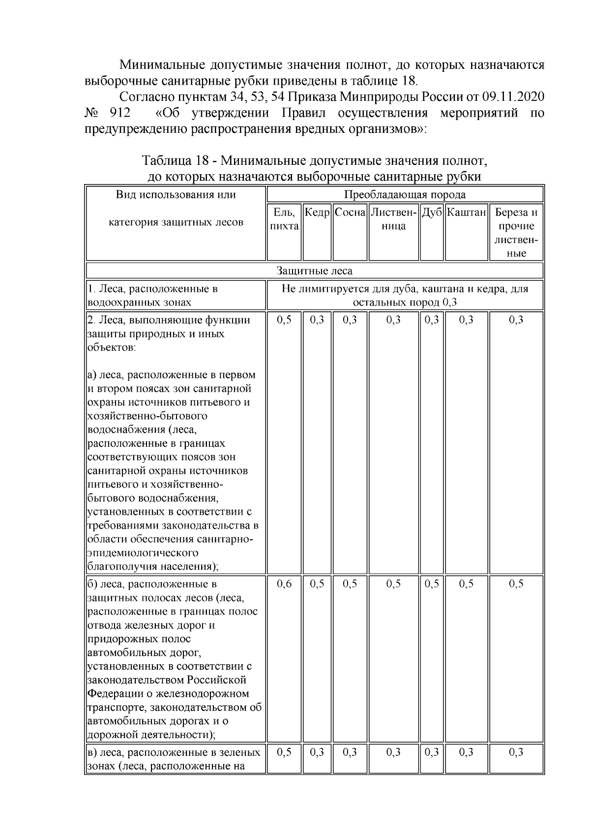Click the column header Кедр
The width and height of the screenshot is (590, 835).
tap(317, 213)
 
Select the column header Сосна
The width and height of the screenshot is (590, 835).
tap(350, 213)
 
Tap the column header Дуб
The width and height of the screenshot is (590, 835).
tap(432, 213)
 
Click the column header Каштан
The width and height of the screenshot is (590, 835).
tap(466, 213)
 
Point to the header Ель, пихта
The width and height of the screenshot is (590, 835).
tap(284, 219)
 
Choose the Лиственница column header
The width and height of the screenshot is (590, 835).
tap(394, 219)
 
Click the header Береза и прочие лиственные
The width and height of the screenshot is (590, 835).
tap(516, 233)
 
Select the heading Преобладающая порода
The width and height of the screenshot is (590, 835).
tap(405, 194)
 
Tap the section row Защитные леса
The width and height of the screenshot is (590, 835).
tap(314, 271)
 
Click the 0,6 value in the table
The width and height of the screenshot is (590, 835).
tap(284, 584)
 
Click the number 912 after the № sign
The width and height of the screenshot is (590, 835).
tap(120, 113)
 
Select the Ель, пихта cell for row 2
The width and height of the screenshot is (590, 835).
tap(284, 320)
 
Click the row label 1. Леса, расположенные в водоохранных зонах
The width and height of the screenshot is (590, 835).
tap(152, 295)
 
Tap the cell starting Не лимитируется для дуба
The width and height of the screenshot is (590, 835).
tap(405, 295)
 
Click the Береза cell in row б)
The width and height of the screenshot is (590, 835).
tap(516, 584)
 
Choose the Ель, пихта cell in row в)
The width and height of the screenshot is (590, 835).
tap(284, 752)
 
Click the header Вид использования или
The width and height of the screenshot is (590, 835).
tap(176, 194)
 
